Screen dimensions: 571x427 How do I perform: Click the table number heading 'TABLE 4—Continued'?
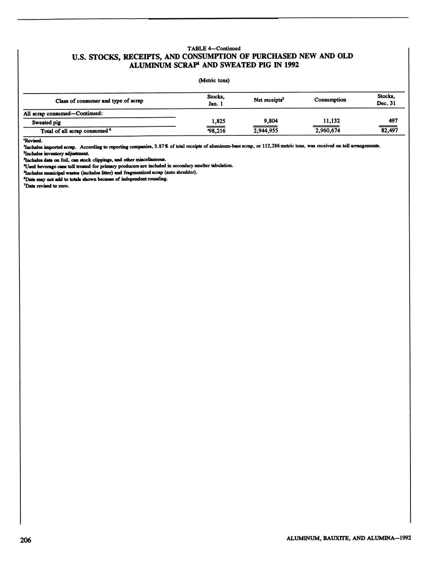[x=214, y=48]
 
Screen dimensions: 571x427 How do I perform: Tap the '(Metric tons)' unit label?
[x=214, y=80]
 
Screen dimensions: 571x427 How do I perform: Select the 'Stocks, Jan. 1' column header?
[x=216, y=100]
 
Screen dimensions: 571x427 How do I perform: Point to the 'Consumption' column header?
[x=330, y=100]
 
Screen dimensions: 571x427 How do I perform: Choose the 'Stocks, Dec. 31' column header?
[x=386, y=100]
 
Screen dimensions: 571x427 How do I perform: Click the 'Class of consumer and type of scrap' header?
[x=99, y=101]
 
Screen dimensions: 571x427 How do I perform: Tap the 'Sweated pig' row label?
[x=46, y=123]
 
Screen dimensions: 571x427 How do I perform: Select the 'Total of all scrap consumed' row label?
[x=77, y=131]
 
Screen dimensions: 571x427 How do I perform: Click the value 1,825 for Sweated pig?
[x=218, y=121]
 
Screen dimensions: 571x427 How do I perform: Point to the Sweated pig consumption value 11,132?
[x=332, y=121]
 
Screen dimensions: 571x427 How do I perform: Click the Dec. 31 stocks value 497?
[x=393, y=121]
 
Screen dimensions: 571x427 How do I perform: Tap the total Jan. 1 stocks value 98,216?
[x=216, y=131]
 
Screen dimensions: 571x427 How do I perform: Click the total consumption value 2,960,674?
[x=328, y=131]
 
